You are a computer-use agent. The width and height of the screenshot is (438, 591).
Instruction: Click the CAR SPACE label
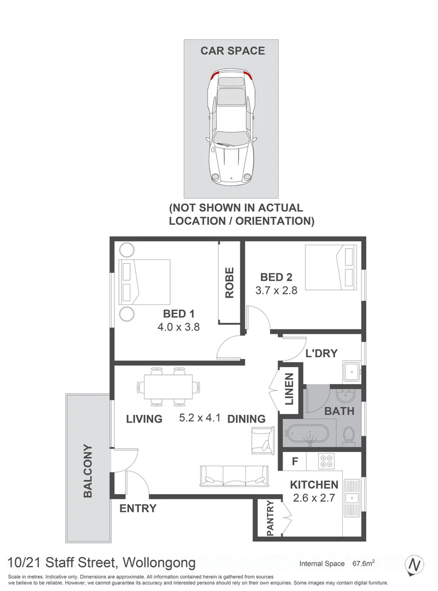pyautogui.click(x=232, y=51)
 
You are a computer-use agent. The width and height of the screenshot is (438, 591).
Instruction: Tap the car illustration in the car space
pyautogui.click(x=232, y=127)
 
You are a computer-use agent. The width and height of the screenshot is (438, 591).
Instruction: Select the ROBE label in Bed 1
pyautogui.click(x=229, y=282)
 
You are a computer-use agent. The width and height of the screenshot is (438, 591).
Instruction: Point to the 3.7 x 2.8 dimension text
pyautogui.click(x=276, y=291)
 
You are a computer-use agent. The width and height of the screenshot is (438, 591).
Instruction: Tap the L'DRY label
pyautogui.click(x=321, y=353)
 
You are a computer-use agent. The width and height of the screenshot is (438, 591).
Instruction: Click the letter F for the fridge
pyautogui.click(x=295, y=461)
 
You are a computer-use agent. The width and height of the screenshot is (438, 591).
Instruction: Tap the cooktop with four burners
pyautogui.click(x=327, y=462)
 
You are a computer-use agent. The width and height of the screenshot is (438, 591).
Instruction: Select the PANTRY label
pyautogui.click(x=269, y=518)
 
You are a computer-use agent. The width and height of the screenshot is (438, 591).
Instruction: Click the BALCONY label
pyautogui.click(x=88, y=470)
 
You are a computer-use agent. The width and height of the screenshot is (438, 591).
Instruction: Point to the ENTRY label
pyautogui.click(x=138, y=508)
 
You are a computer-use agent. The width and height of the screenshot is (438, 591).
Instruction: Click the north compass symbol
pyautogui.click(x=416, y=564)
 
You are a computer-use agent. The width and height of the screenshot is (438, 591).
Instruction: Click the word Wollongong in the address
pyautogui.click(x=159, y=563)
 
